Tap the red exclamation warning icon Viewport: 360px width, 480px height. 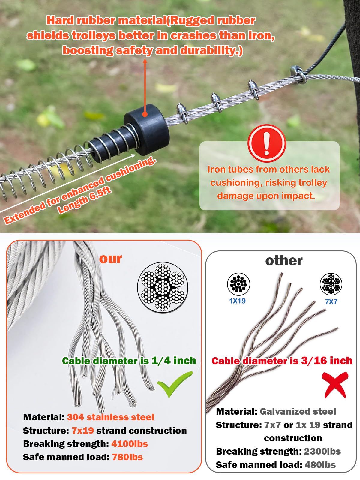point(266,143)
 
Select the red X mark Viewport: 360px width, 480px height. point(335,385)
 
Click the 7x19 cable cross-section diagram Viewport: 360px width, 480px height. point(163,288)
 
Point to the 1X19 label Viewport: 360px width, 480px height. point(237,301)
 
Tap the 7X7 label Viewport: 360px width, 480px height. point(331,302)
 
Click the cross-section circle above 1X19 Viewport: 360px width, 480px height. point(238,284)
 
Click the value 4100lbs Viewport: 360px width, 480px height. point(130,444)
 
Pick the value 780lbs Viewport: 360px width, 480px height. point(127,457)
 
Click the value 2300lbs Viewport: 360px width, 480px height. point(322,451)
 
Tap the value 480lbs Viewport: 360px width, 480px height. point(320,465)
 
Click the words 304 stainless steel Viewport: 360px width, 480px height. point(110,417)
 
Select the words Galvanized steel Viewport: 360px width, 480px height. point(298,411)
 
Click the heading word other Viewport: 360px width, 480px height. point(284,260)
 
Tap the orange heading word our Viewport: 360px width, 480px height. point(111,259)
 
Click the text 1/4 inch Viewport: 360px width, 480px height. point(174,361)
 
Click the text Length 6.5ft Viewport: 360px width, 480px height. point(85,200)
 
